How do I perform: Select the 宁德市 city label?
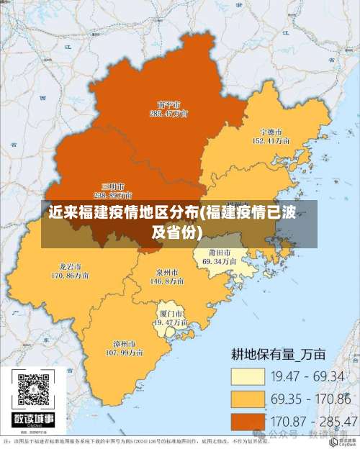pyautogui.click(x=271, y=132)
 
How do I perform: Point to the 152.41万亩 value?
pyautogui.click(x=271, y=142)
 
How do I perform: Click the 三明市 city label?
pyautogui.click(x=113, y=186)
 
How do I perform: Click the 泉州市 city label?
pyautogui.click(x=167, y=273)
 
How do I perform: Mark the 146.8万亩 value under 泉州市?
pyautogui.click(x=167, y=282)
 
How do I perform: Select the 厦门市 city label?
pyautogui.click(x=171, y=314)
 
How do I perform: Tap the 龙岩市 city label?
pyautogui.click(x=70, y=266)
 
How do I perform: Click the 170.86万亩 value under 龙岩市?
pyautogui.click(x=70, y=275)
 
